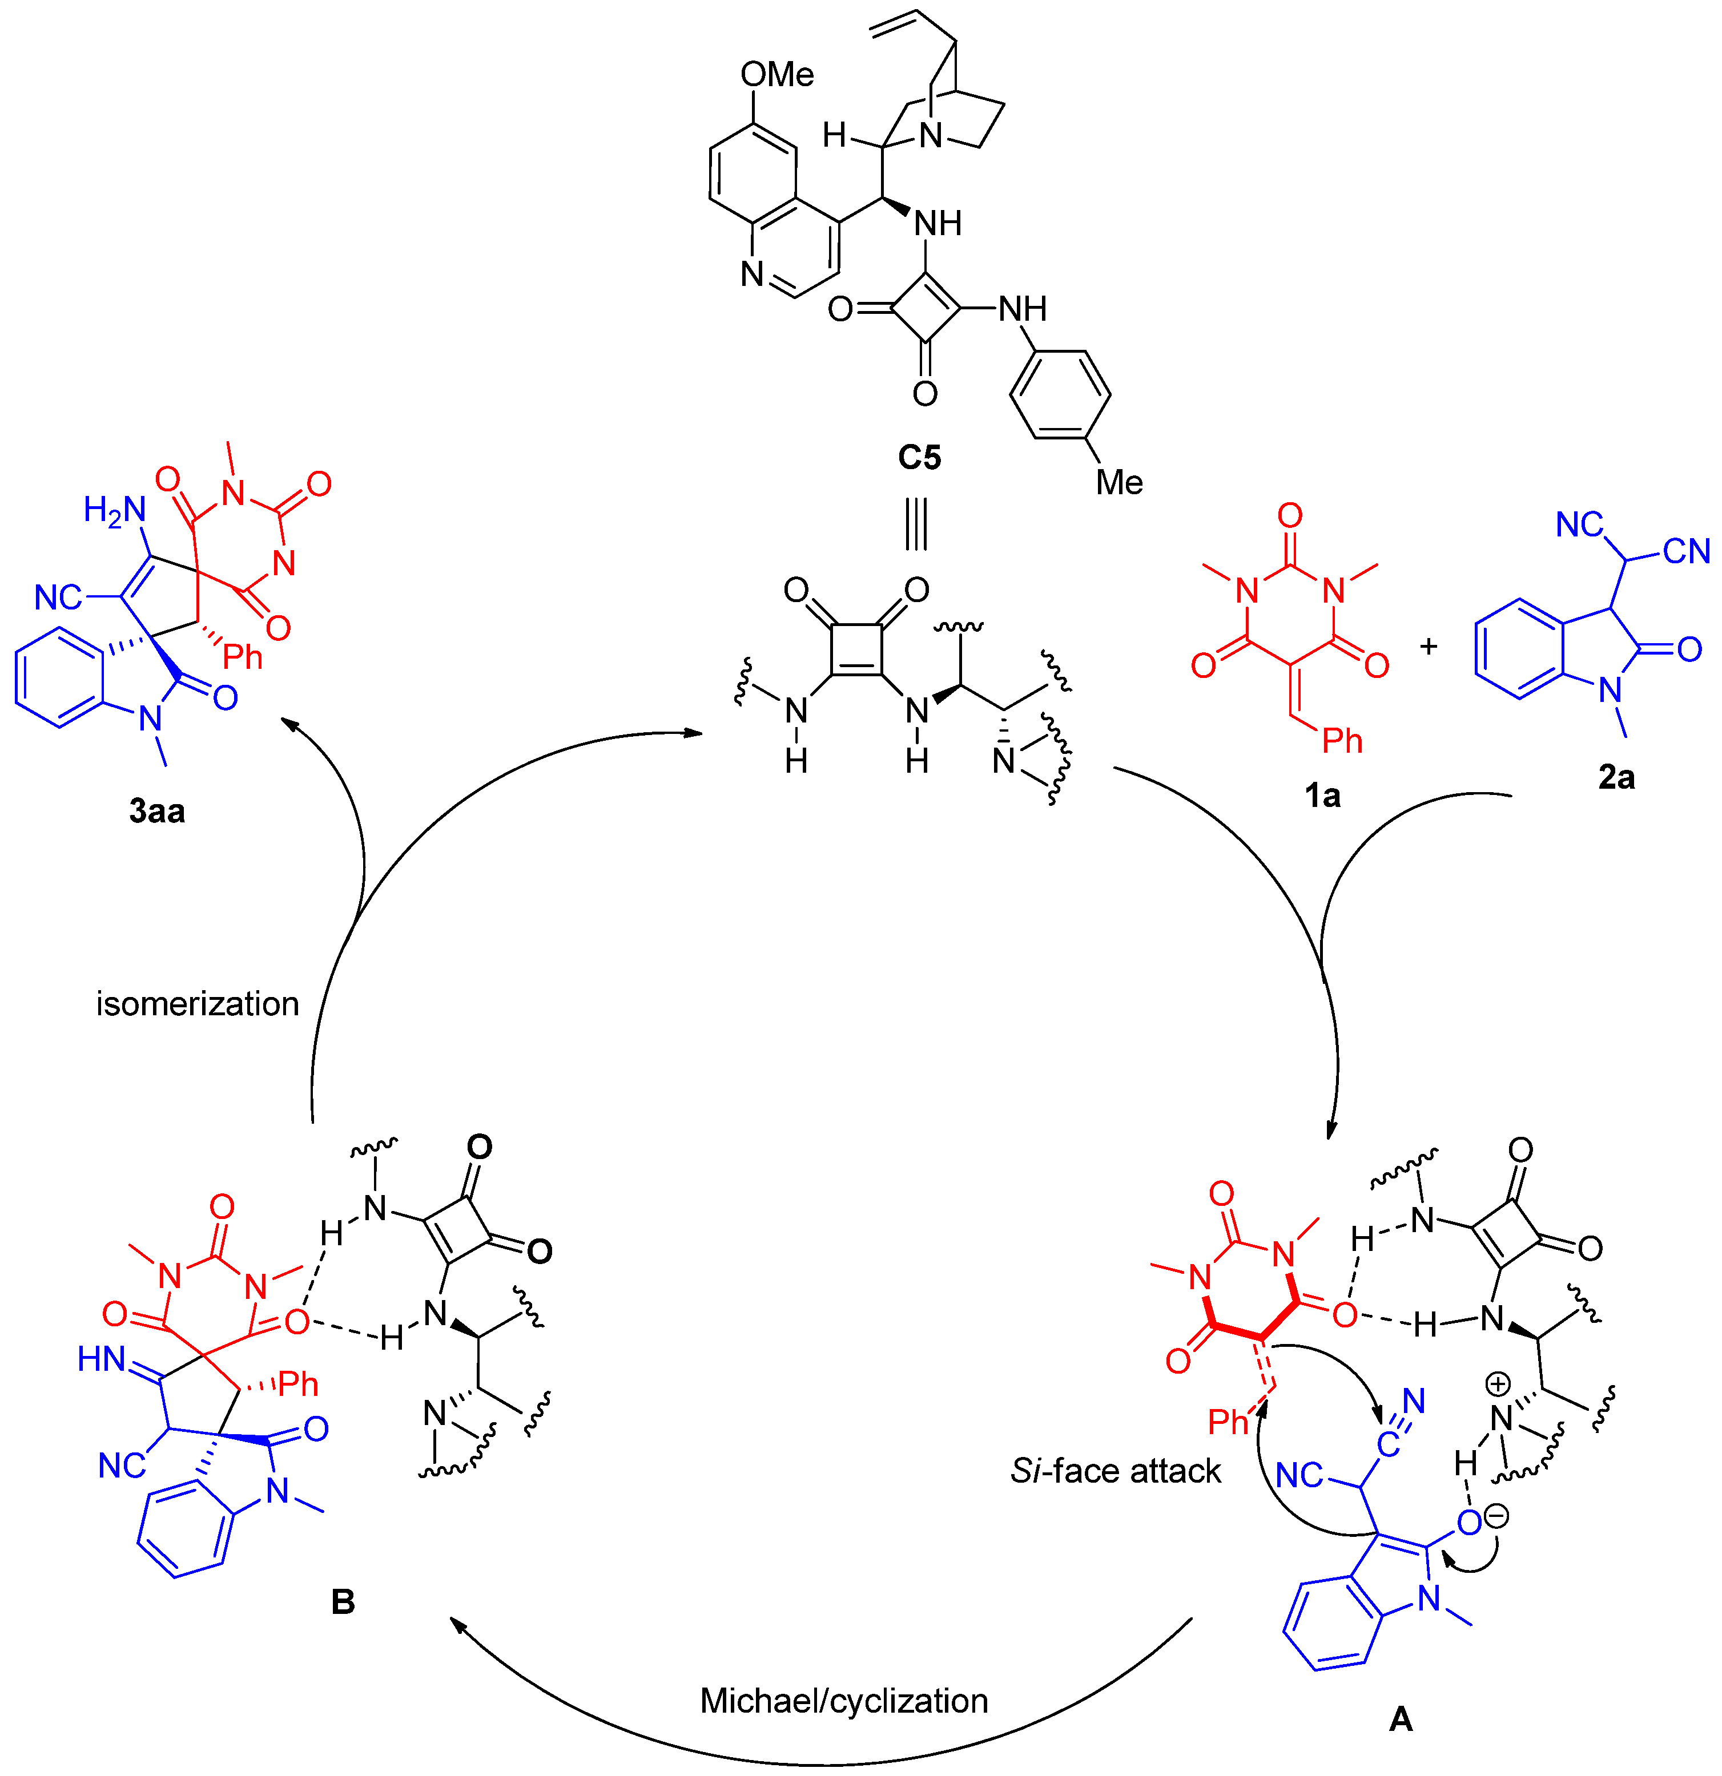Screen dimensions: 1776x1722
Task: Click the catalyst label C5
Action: (919, 457)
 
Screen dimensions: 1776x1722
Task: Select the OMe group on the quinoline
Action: (776, 74)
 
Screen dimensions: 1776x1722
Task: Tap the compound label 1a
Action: (1322, 796)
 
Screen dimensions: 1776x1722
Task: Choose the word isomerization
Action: (198, 1004)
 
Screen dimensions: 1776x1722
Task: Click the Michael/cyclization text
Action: (844, 1701)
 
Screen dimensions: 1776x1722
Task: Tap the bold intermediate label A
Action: (1400, 1718)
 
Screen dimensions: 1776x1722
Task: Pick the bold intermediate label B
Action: (343, 1602)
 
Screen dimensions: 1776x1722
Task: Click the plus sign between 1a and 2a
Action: (1429, 646)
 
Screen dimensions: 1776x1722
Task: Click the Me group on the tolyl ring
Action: (1119, 482)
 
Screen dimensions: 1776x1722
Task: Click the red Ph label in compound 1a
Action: (1342, 741)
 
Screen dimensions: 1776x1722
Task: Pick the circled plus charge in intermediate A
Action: (1497, 1385)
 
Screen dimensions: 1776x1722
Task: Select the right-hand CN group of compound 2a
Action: (1686, 551)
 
